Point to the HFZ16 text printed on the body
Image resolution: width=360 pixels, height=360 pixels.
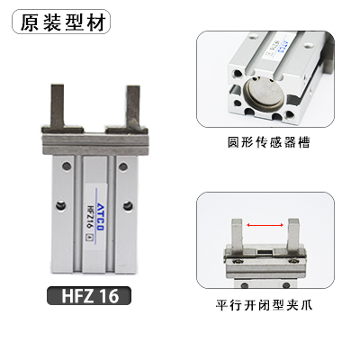89,220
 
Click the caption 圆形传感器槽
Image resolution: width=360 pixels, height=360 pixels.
265,144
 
